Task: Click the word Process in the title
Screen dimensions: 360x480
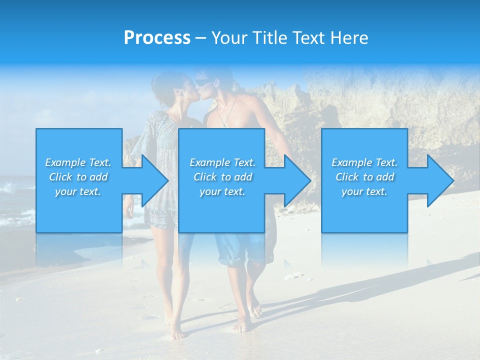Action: tap(157, 38)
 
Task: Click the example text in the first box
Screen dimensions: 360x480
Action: tap(78, 177)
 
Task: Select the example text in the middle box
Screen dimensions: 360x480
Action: tap(222, 177)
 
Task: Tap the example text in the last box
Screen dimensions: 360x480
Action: tap(364, 177)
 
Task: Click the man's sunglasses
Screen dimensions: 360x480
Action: tap(201, 81)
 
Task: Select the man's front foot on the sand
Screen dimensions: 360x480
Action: tap(242, 326)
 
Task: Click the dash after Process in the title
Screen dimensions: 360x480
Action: tap(201, 38)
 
